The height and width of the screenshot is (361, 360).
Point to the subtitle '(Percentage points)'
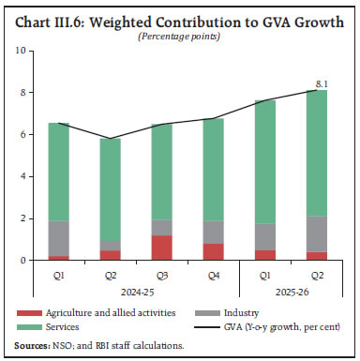pyautogui.click(x=180, y=36)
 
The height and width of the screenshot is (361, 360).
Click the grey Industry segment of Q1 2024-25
pyautogui.click(x=58, y=238)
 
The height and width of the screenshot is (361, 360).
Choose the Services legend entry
pyautogui.click(x=56, y=327)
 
